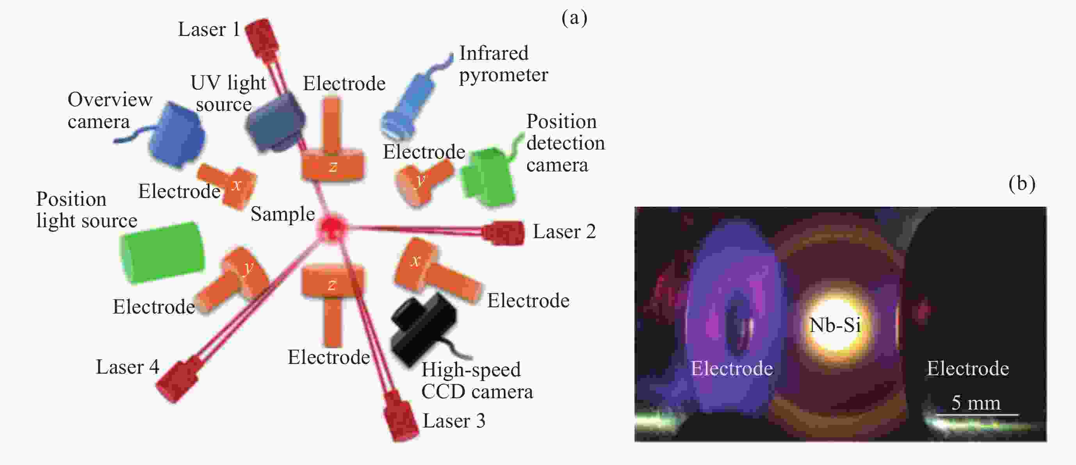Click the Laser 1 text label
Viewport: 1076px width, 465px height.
tap(209, 29)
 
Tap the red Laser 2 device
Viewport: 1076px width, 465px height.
tap(503, 233)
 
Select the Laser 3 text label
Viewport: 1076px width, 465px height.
tap(454, 421)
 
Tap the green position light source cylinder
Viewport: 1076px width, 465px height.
tap(162, 253)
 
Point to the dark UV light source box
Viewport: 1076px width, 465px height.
tap(276, 121)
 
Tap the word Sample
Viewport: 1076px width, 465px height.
tap(282, 214)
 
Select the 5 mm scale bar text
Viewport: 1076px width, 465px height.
tap(976, 403)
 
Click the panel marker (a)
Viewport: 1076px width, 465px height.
tap(574, 18)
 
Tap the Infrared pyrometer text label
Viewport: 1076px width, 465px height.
tap(503, 64)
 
